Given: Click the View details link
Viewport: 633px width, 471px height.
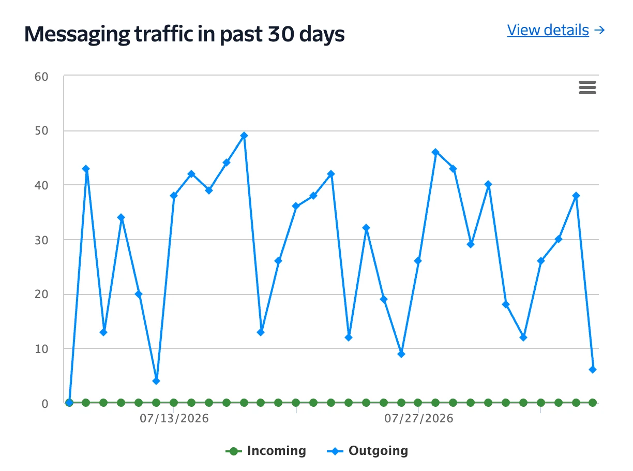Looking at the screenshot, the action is pyautogui.click(x=548, y=30).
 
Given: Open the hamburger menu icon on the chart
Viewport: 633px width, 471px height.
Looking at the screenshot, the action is pyautogui.click(x=587, y=87).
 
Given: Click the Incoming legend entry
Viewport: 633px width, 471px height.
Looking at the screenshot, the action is pyautogui.click(x=265, y=451).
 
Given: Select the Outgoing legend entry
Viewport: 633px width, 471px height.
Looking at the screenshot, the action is pyautogui.click(x=367, y=451).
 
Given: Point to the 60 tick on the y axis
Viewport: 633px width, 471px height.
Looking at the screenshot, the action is pyautogui.click(x=41, y=77).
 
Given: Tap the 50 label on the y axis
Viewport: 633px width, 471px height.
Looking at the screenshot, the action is pyautogui.click(x=41, y=131).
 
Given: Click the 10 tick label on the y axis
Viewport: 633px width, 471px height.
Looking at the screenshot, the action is pyautogui.click(x=41, y=349).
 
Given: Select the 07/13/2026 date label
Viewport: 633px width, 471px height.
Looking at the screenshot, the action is pyautogui.click(x=174, y=418).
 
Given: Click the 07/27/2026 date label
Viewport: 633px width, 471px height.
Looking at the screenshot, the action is pyautogui.click(x=419, y=418).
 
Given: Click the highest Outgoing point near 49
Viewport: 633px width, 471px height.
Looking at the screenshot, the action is pyautogui.click(x=244, y=136).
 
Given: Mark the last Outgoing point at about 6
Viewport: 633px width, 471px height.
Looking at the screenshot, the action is pyautogui.click(x=593, y=370).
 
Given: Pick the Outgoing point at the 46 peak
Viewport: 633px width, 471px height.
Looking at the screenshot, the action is pyautogui.click(x=435, y=152).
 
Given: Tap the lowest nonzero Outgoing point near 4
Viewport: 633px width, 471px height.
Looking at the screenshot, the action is pyautogui.click(x=156, y=381).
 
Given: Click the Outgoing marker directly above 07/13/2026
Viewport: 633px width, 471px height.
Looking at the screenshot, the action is pyautogui.click(x=174, y=196).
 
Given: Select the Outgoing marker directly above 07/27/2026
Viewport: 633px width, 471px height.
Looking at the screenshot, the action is pyautogui.click(x=418, y=261).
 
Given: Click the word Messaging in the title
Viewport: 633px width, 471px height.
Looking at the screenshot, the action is pyautogui.click(x=77, y=35).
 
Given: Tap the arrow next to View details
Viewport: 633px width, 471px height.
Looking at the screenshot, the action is pyautogui.click(x=599, y=30).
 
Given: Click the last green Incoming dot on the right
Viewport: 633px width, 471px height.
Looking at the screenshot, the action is pyautogui.click(x=593, y=403).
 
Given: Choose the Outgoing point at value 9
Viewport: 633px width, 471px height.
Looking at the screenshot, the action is pyautogui.click(x=401, y=354).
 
